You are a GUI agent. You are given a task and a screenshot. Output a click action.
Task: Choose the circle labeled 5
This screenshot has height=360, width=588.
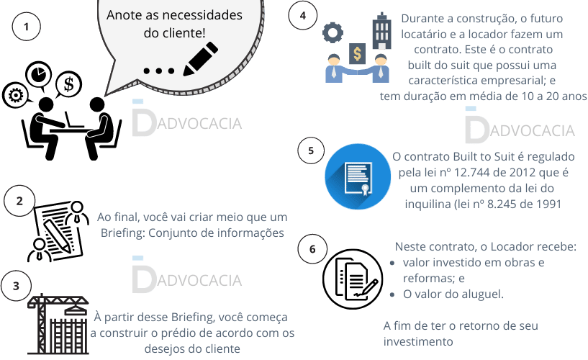click(x=310, y=150)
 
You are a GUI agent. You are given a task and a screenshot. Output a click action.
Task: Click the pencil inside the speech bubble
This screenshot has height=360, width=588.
click(x=200, y=59)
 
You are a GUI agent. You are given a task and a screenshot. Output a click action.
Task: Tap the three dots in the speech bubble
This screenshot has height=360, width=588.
click(x=159, y=71)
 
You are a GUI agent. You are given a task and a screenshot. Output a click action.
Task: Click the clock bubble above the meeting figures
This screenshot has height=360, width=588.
click(x=38, y=75)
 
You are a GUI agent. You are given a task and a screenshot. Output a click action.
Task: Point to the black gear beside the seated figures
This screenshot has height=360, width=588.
click(x=15, y=94)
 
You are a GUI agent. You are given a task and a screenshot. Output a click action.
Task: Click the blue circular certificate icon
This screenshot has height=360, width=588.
click(x=354, y=174)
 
